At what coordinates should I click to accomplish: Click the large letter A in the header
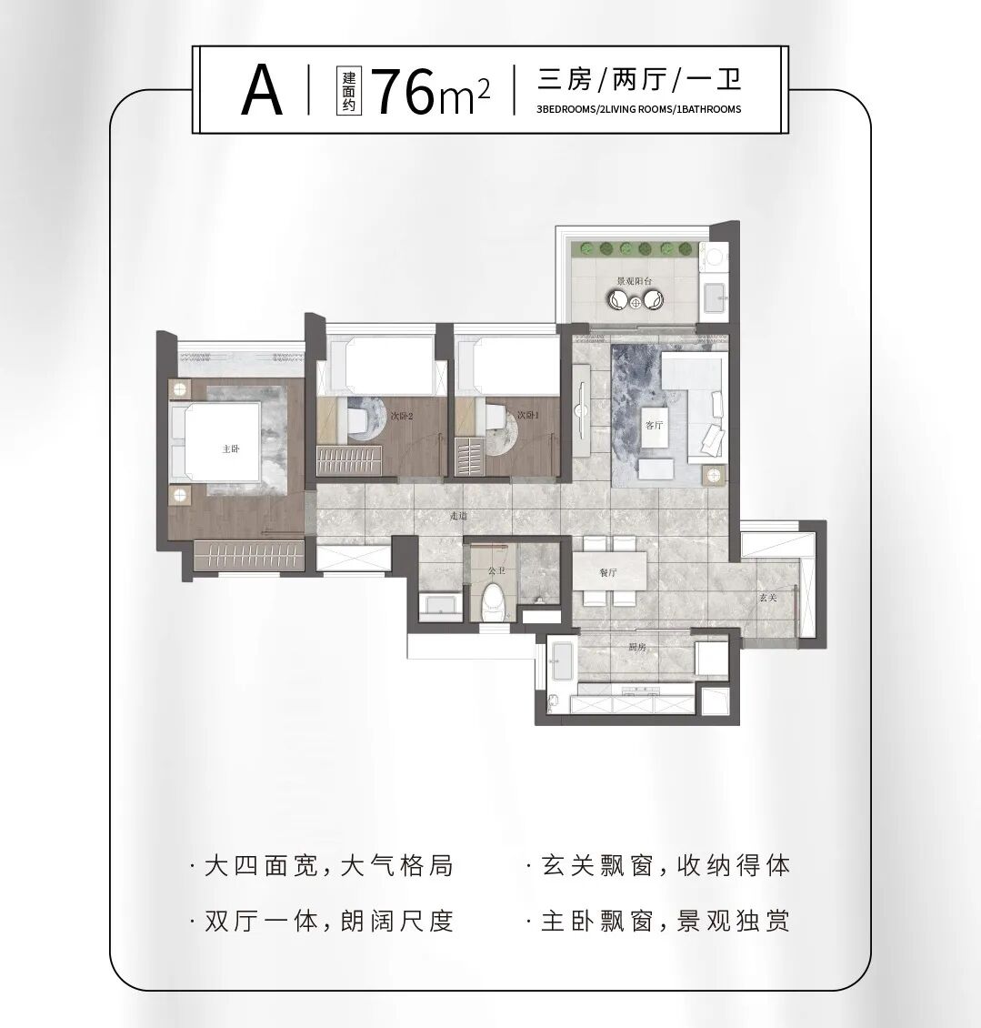(262, 91)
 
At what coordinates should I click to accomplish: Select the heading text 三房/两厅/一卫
(639, 79)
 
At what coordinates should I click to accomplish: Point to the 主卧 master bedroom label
(230, 448)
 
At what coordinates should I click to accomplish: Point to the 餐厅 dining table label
(608, 573)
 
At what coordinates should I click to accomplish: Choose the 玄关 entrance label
(768, 598)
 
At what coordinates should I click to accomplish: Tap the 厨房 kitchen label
(636, 647)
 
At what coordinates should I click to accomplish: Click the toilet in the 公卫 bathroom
(494, 602)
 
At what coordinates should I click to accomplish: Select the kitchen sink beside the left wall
(560, 661)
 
